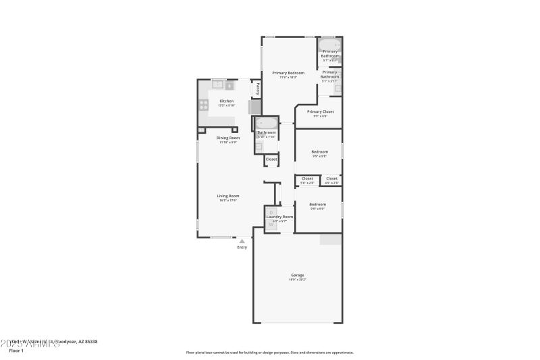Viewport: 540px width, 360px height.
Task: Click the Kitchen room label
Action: pyautogui.click(x=226, y=101)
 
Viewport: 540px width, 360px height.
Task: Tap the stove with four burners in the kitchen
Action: pyautogui.click(x=203, y=105)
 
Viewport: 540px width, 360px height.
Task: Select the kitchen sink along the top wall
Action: pyautogui.click(x=218, y=84)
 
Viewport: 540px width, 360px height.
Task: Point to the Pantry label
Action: pyautogui.click(x=257, y=88)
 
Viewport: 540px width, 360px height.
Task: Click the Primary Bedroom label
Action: pyautogui.click(x=288, y=73)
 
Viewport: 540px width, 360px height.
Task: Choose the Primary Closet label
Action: pyautogui.click(x=320, y=111)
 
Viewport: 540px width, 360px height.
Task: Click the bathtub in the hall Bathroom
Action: pyautogui.click(x=266, y=124)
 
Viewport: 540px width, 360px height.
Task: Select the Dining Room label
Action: pyautogui.click(x=228, y=138)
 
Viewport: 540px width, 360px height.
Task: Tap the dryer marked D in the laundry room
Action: pyautogui.click(x=271, y=212)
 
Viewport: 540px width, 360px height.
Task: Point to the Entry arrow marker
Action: pyautogui.click(x=242, y=240)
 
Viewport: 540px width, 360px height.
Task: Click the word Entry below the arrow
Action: pyautogui.click(x=242, y=247)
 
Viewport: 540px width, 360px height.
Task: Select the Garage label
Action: pyautogui.click(x=298, y=275)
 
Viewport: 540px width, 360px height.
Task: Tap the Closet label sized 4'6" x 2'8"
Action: pyautogui.click(x=331, y=178)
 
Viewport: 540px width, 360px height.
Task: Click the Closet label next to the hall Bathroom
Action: pyautogui.click(x=271, y=159)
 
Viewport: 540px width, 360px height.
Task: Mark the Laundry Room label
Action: pyautogui.click(x=279, y=217)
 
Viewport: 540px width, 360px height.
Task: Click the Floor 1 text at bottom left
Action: pyautogui.click(x=16, y=351)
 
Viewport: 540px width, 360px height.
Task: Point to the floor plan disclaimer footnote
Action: pyautogui.click(x=269, y=352)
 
